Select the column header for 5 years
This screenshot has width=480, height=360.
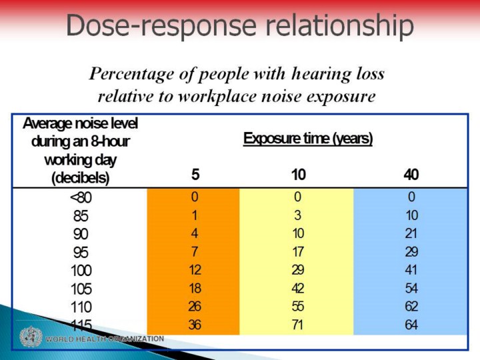click(x=195, y=175)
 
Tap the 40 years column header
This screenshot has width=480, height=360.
click(x=411, y=175)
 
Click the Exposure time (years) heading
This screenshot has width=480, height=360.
click(x=307, y=139)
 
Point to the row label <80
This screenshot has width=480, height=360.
click(x=81, y=197)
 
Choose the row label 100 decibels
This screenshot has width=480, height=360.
click(x=81, y=271)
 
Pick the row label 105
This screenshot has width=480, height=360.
click(x=81, y=289)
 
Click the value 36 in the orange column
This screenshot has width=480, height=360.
click(x=195, y=325)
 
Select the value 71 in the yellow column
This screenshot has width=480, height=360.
click(x=298, y=325)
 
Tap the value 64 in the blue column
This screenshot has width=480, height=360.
click(x=411, y=325)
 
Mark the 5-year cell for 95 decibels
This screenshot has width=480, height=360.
click(x=195, y=252)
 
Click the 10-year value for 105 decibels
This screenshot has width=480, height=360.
click(x=298, y=289)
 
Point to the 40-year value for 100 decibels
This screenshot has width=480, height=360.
click(x=411, y=271)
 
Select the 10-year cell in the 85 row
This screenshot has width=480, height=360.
click(x=298, y=215)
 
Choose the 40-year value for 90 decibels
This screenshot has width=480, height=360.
click(x=411, y=234)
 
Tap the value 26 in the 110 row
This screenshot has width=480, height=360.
click(x=195, y=307)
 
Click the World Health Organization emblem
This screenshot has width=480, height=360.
click(x=29, y=337)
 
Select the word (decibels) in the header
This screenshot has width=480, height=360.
click(x=81, y=177)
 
